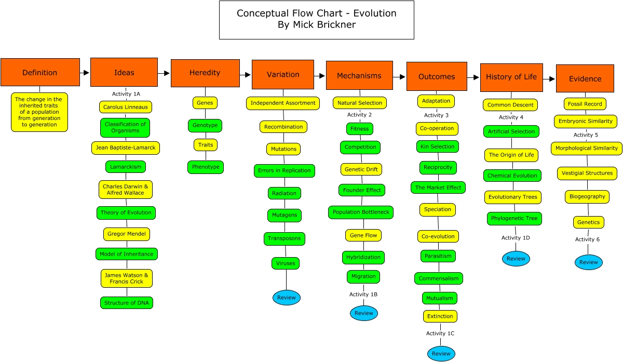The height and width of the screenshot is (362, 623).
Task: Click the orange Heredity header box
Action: pos(205,73)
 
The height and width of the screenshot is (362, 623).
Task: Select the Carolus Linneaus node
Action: pos(126,107)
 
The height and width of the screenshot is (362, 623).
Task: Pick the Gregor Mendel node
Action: pos(127,234)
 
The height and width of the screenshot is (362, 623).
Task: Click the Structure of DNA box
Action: pos(127,303)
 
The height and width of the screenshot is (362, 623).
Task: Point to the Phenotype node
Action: pos(206,167)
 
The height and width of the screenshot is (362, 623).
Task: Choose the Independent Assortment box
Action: pos(283,103)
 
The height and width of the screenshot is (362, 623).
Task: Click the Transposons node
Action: pos(285,239)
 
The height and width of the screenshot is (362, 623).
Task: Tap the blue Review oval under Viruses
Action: pos(287,298)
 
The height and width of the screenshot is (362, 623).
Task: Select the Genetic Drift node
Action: pos(361,169)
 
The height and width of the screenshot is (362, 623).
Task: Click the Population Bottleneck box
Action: pos(361,212)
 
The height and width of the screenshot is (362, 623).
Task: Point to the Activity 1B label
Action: pos(363,294)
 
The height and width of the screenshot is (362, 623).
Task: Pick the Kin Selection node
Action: pos(438,146)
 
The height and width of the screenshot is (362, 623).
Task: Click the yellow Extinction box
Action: pos(440,316)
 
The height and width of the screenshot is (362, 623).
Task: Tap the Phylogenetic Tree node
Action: pos(514,218)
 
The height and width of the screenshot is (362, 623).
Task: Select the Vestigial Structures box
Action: pos(587,173)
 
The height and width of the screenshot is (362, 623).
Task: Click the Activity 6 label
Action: pos(587,239)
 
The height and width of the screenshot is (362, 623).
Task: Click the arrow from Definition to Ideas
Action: pos(85,73)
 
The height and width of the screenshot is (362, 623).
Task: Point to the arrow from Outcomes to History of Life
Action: pos(473,77)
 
